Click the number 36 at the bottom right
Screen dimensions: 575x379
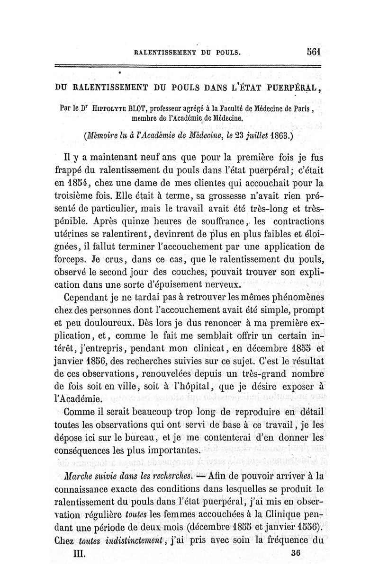click(x=298, y=552)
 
